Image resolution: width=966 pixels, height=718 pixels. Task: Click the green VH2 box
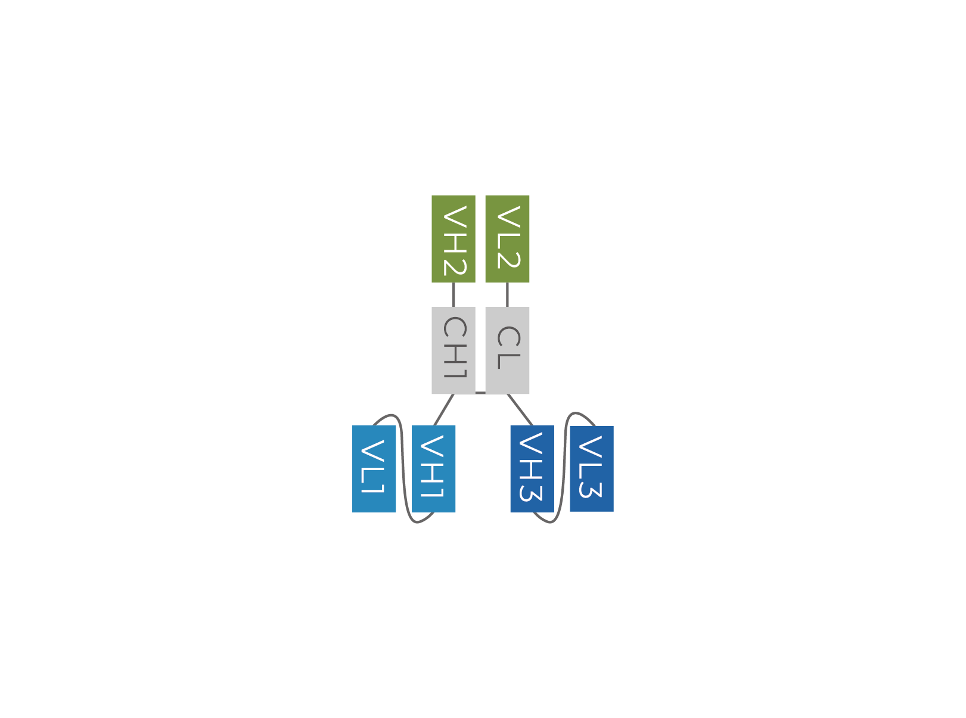coord(453,239)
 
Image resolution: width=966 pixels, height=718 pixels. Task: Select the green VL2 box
coord(507,239)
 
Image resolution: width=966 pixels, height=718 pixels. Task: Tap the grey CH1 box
coord(453,350)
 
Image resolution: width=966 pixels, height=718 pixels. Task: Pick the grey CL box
coord(507,350)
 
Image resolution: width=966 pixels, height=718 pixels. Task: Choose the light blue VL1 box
coord(374,469)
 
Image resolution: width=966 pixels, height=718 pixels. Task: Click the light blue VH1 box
coord(433,469)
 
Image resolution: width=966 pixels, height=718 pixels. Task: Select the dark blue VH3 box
coord(532,469)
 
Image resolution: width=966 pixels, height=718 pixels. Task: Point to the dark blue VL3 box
coord(591,469)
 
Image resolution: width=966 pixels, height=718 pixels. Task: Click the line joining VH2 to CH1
coord(454,294)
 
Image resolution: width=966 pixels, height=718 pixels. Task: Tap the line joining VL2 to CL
coord(507,294)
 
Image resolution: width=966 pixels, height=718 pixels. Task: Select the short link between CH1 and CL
coord(480,393)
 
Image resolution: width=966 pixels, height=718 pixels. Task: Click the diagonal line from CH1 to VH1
coord(444,409)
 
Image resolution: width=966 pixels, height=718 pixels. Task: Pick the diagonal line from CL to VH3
coord(520,409)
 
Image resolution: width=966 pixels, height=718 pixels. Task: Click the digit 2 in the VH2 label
coord(455,267)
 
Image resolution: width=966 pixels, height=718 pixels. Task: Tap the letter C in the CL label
coord(509,336)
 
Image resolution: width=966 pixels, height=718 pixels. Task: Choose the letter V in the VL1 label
coord(372,450)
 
